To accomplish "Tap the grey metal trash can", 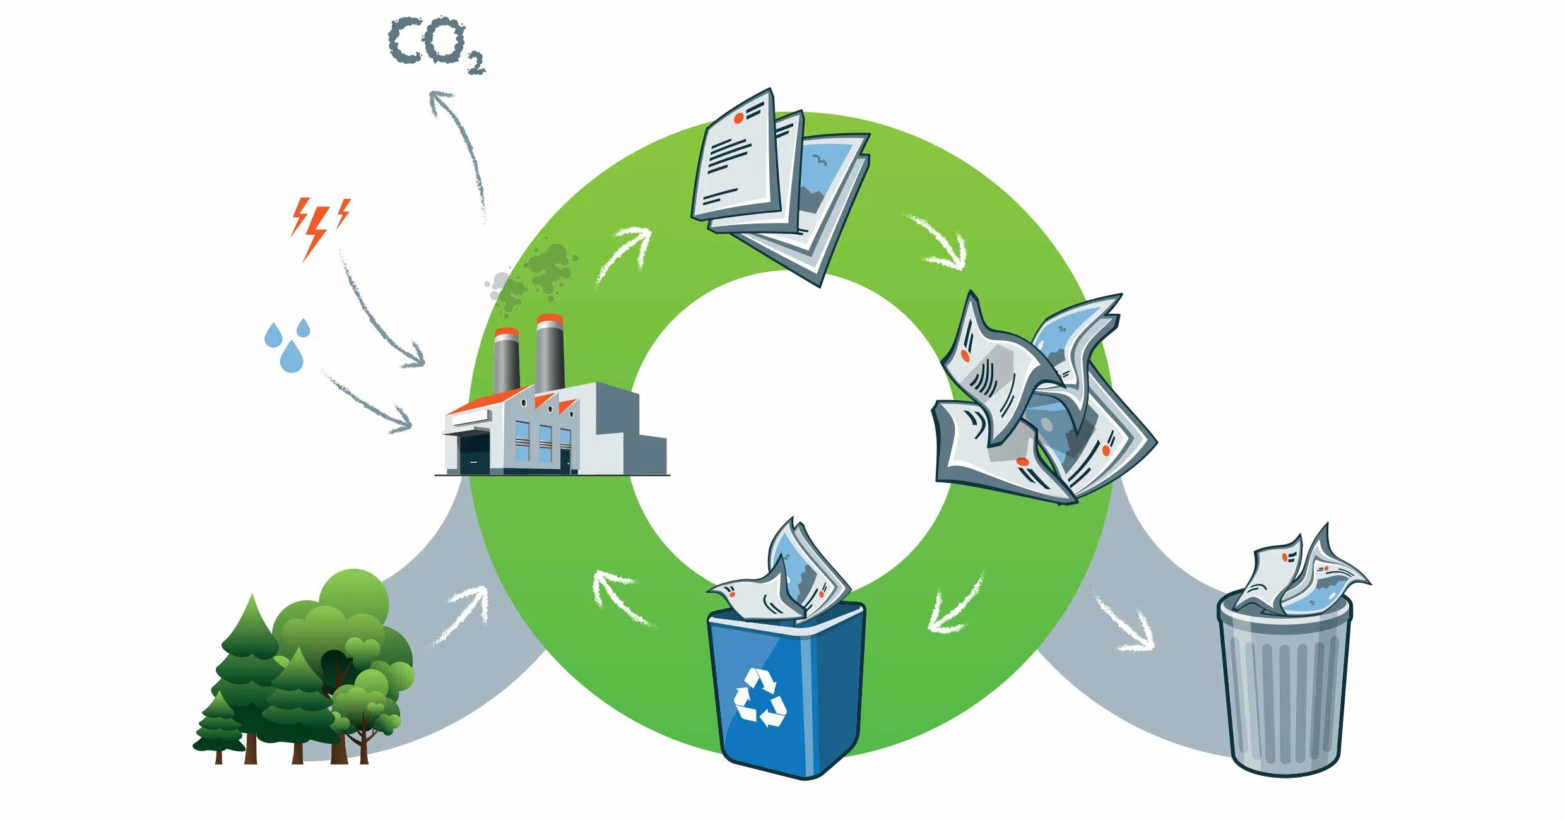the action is [x=1284, y=688].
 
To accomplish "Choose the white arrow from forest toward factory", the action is [x=464, y=612].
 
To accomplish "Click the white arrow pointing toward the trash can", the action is [x=1126, y=625].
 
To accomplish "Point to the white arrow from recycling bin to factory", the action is [x=622, y=597].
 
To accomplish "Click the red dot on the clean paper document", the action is [x=738, y=118].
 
